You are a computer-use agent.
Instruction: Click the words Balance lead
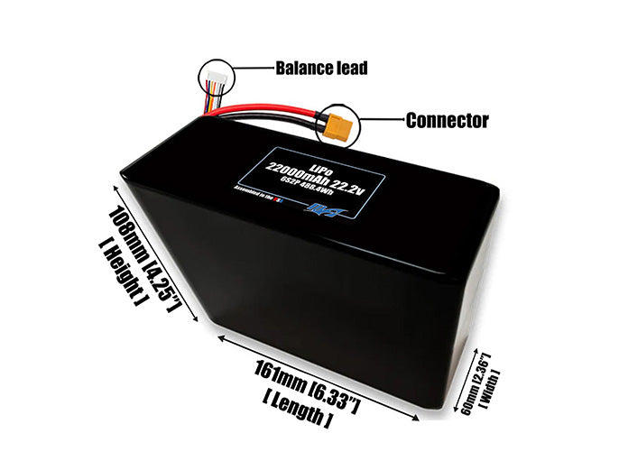(321, 69)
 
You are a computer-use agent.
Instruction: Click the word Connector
(447, 120)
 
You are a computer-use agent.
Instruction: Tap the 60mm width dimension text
(471, 383)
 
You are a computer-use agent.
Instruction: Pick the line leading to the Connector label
(380, 120)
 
